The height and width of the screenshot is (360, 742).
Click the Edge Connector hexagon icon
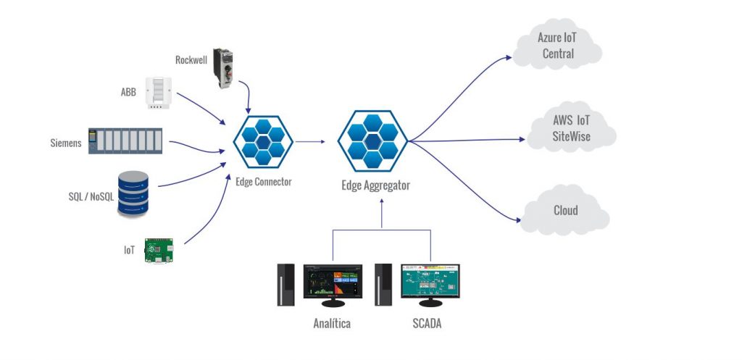coord(263,142)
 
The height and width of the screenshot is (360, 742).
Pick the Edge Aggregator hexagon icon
coord(372,141)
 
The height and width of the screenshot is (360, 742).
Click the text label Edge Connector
coord(263,182)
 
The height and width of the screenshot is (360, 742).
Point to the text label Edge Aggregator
coord(375,185)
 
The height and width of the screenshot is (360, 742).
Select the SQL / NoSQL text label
coord(86,196)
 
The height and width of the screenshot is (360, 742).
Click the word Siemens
coord(66,143)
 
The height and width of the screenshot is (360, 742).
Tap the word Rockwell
coord(191,59)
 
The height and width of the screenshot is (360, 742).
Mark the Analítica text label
coord(332,324)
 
